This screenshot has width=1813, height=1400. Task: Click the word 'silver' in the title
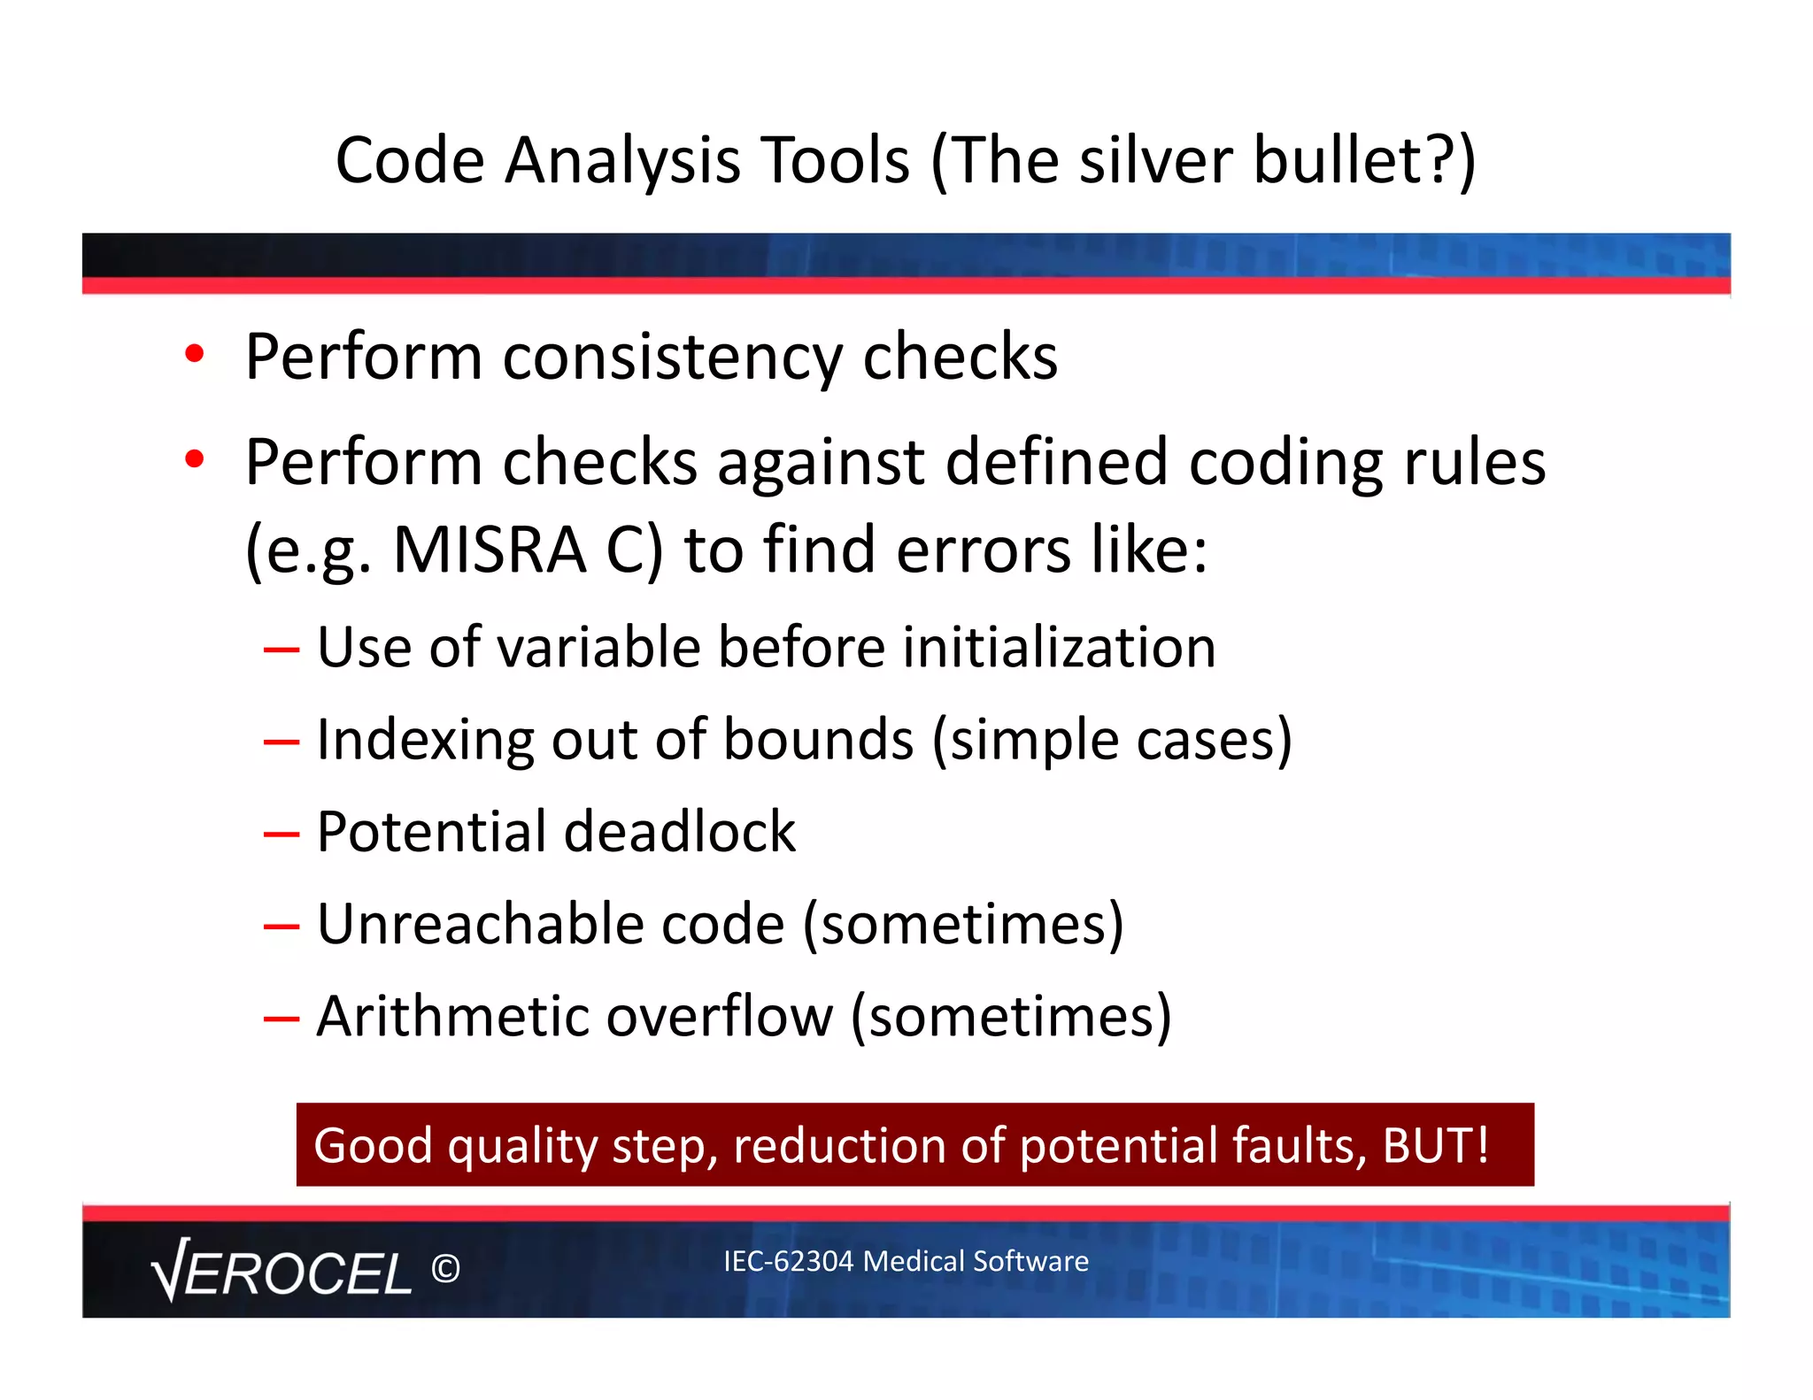tap(1154, 161)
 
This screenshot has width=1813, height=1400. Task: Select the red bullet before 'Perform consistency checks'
tap(195, 354)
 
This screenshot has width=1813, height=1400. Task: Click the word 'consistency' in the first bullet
tap(672, 358)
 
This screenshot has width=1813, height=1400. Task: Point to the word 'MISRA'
tap(490, 550)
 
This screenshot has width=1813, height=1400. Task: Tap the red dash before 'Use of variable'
tap(282, 650)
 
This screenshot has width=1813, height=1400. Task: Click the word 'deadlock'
tap(679, 832)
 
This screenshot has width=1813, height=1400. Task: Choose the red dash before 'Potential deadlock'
tap(282, 835)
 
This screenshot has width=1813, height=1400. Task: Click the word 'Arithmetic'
tap(451, 1016)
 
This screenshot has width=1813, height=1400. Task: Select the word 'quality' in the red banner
tap(522, 1147)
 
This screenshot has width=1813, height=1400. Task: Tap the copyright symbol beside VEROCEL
tap(445, 1269)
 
